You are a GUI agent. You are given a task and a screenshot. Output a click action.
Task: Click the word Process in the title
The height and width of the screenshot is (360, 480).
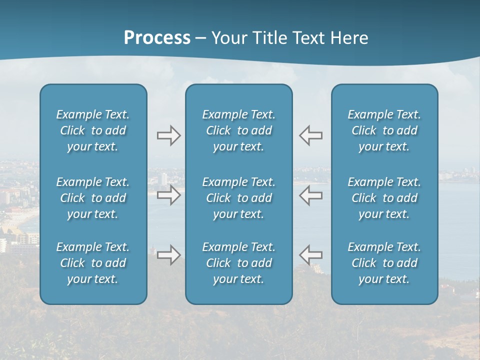[x=157, y=38]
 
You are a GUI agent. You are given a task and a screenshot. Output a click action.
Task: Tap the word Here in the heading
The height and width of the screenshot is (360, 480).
[x=349, y=38]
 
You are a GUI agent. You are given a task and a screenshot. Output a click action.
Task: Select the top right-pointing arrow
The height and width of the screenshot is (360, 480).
[x=169, y=135]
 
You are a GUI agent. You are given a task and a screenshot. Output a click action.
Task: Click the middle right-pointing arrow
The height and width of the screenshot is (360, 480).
[x=169, y=195]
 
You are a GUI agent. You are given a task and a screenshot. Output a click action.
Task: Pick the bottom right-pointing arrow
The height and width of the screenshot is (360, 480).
[x=169, y=255]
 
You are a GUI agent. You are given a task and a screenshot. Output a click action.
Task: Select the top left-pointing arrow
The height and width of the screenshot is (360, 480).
[x=310, y=135]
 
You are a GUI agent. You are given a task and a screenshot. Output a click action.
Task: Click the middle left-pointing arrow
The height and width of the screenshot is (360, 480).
[x=310, y=195]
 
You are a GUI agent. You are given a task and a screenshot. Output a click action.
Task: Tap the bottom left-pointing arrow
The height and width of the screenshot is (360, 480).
[x=310, y=255]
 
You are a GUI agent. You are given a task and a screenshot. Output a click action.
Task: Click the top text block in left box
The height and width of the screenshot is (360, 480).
[x=93, y=130]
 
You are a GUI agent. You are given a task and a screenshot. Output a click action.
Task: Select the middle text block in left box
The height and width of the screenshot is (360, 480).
[x=93, y=198]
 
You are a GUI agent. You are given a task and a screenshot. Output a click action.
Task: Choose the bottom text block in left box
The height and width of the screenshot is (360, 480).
[x=93, y=263]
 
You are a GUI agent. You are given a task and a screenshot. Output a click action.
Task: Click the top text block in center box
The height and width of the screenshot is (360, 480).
[x=239, y=130]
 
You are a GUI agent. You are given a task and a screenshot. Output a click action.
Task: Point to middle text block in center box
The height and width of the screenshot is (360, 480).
[x=239, y=198]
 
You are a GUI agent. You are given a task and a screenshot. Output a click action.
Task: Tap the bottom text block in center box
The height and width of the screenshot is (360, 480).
[x=239, y=263]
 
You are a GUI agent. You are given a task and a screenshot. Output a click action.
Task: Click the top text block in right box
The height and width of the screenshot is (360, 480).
[x=384, y=130]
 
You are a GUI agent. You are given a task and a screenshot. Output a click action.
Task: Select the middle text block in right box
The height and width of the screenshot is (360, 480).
[x=384, y=198]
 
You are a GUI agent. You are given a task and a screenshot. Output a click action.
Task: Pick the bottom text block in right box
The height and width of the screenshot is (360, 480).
[x=384, y=263]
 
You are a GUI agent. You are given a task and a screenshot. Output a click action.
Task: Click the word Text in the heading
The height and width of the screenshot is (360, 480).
[x=307, y=38]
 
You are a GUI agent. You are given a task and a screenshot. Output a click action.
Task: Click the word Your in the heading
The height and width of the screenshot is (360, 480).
[x=227, y=38]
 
